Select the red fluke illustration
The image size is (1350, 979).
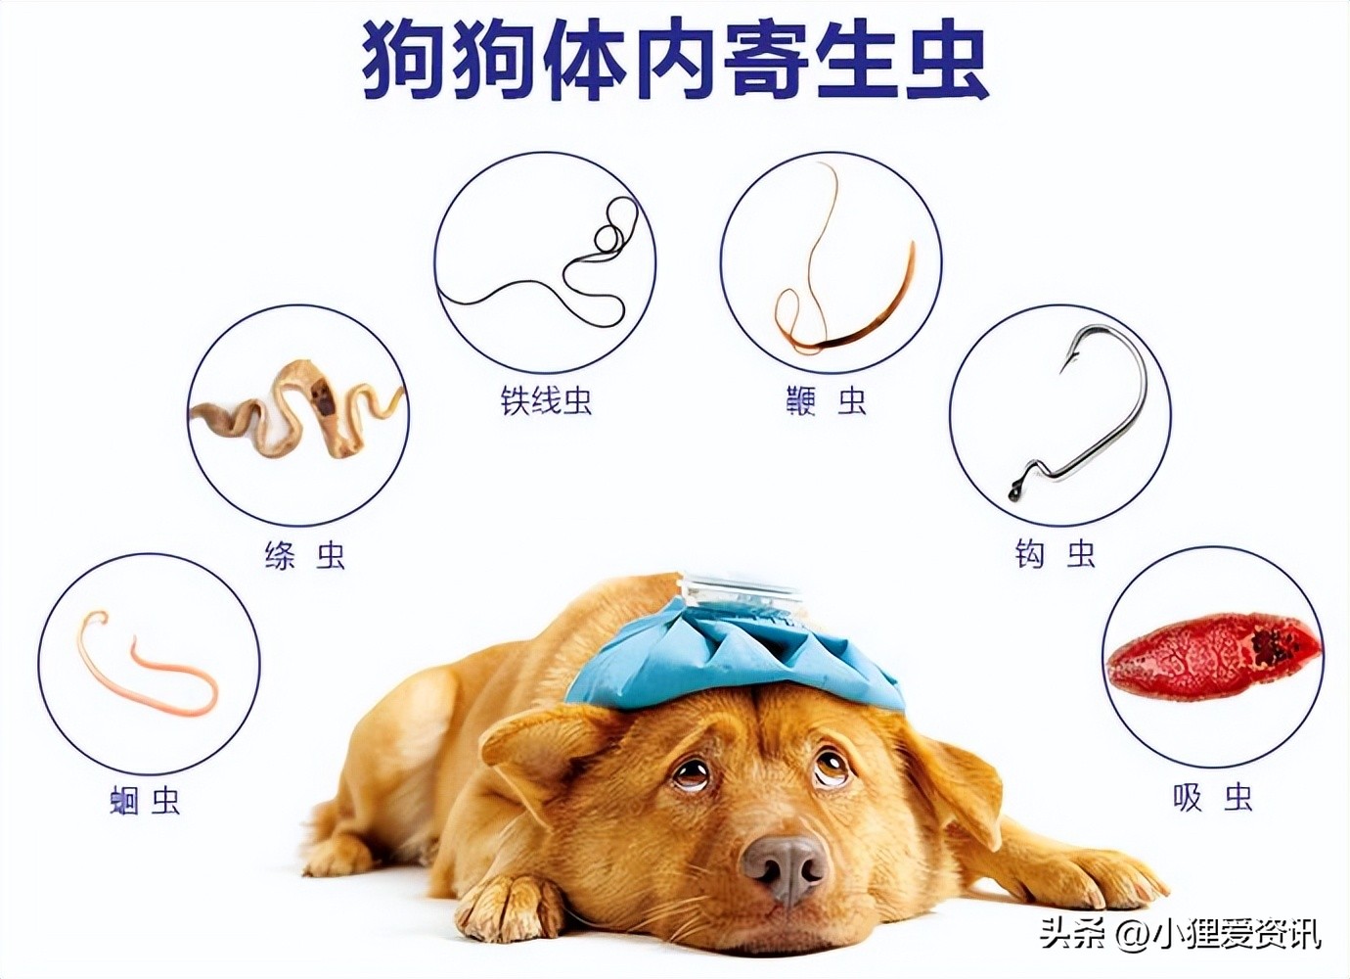[1213, 651]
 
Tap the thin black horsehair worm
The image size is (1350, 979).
[548, 264]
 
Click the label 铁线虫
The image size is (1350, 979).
[546, 400]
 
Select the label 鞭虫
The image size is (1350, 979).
[827, 400]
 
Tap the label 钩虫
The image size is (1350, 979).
[1055, 555]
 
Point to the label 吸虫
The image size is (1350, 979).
[1213, 797]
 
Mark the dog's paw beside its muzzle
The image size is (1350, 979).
[509, 906]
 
